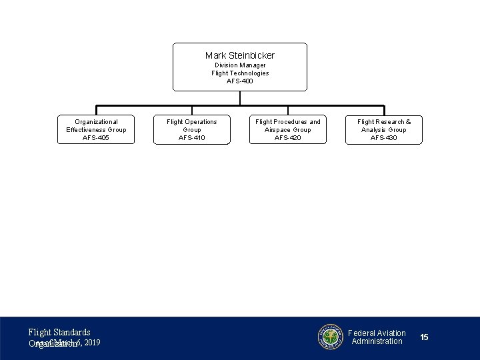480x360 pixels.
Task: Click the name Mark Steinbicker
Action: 240,55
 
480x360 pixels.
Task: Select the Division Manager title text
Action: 240,65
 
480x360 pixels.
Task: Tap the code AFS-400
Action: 240,81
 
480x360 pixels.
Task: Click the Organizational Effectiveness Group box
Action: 96,129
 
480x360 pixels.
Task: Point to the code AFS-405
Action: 96,138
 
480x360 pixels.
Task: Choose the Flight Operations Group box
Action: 192,129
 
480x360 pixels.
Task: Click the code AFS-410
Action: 192,138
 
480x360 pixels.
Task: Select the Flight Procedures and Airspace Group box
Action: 288,129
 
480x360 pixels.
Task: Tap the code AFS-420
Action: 288,138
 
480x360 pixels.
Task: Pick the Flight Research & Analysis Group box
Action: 384,129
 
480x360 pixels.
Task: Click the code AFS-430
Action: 384,138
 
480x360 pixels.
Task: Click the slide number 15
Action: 425,338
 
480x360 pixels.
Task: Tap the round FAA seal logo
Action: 330,337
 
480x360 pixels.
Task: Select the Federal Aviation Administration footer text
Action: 377,337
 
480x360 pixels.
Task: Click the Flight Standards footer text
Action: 59,332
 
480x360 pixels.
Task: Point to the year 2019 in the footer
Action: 93,343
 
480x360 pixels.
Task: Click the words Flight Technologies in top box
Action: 240,73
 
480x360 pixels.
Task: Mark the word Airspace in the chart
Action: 279,130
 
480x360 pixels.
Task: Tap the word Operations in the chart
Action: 201,122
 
